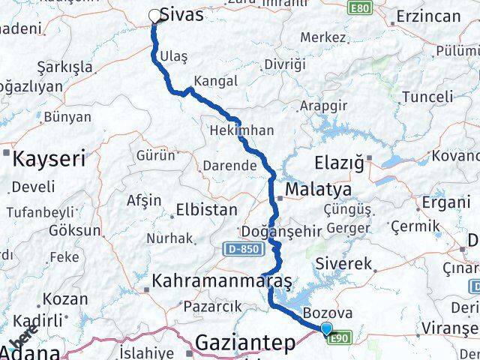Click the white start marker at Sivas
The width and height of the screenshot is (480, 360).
[x=155, y=16]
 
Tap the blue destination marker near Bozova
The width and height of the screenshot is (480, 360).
[x=326, y=328]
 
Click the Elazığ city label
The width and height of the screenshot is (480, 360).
[x=339, y=161]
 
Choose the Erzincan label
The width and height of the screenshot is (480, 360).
[x=427, y=16]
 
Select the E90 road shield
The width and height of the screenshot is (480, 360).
[x=340, y=337]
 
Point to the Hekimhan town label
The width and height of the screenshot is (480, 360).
[x=241, y=130]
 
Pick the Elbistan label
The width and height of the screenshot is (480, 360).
[x=206, y=210]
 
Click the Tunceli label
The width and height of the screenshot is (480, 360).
[x=427, y=96]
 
